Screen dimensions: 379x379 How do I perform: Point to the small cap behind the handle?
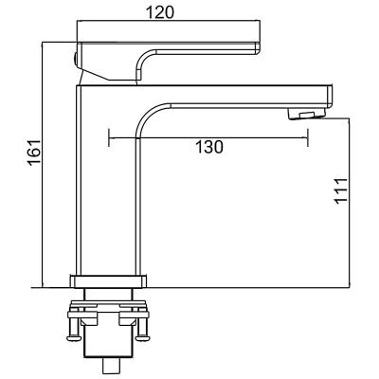(x=76, y=61)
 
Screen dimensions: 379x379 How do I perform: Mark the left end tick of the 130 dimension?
(x=111, y=137)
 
